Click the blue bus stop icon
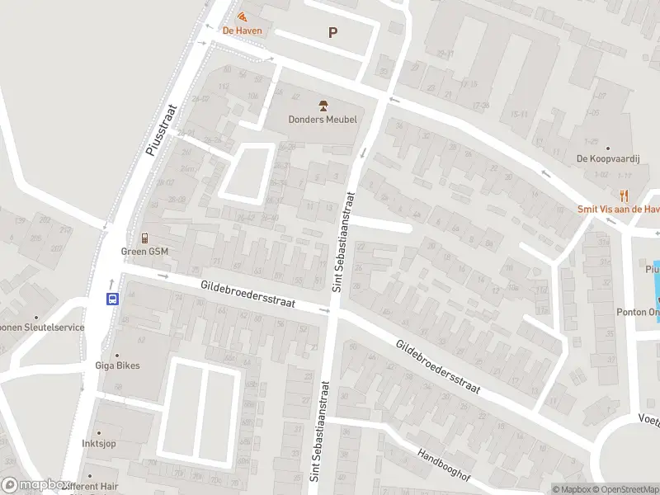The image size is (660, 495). pyautogui.click(x=112, y=299)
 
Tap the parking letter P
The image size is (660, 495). pyautogui.click(x=333, y=33)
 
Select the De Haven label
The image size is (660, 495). pyautogui.click(x=243, y=31)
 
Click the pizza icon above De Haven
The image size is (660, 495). pyautogui.click(x=242, y=16)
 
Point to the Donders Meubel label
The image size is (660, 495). pyautogui.click(x=323, y=120)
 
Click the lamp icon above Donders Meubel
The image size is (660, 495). pyautogui.click(x=323, y=105)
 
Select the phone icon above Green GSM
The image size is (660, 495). pyautogui.click(x=144, y=238)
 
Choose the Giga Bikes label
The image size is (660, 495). pyautogui.click(x=117, y=365)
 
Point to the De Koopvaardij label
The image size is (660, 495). pyautogui.click(x=606, y=158)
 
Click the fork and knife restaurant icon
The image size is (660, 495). pyautogui.click(x=624, y=196)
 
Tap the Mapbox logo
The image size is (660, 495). pyautogui.click(x=35, y=485)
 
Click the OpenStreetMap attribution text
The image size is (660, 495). pyautogui.click(x=622, y=489)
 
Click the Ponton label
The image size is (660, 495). pyautogui.click(x=637, y=313)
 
